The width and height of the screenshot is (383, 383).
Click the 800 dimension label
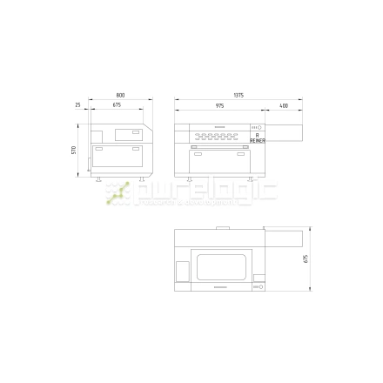[x=119, y=95]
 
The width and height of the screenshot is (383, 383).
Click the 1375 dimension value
[x=238, y=95]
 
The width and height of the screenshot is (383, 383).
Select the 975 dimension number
[x=218, y=105]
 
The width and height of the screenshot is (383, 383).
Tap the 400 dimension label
[x=284, y=105]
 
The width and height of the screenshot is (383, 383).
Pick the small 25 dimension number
[x=77, y=105]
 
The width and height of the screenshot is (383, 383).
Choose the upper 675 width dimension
[x=117, y=105]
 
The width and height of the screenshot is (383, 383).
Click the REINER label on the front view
[x=257, y=139]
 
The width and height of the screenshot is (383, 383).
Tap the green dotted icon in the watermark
[x=118, y=194]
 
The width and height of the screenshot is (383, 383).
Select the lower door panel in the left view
[x=119, y=159]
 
